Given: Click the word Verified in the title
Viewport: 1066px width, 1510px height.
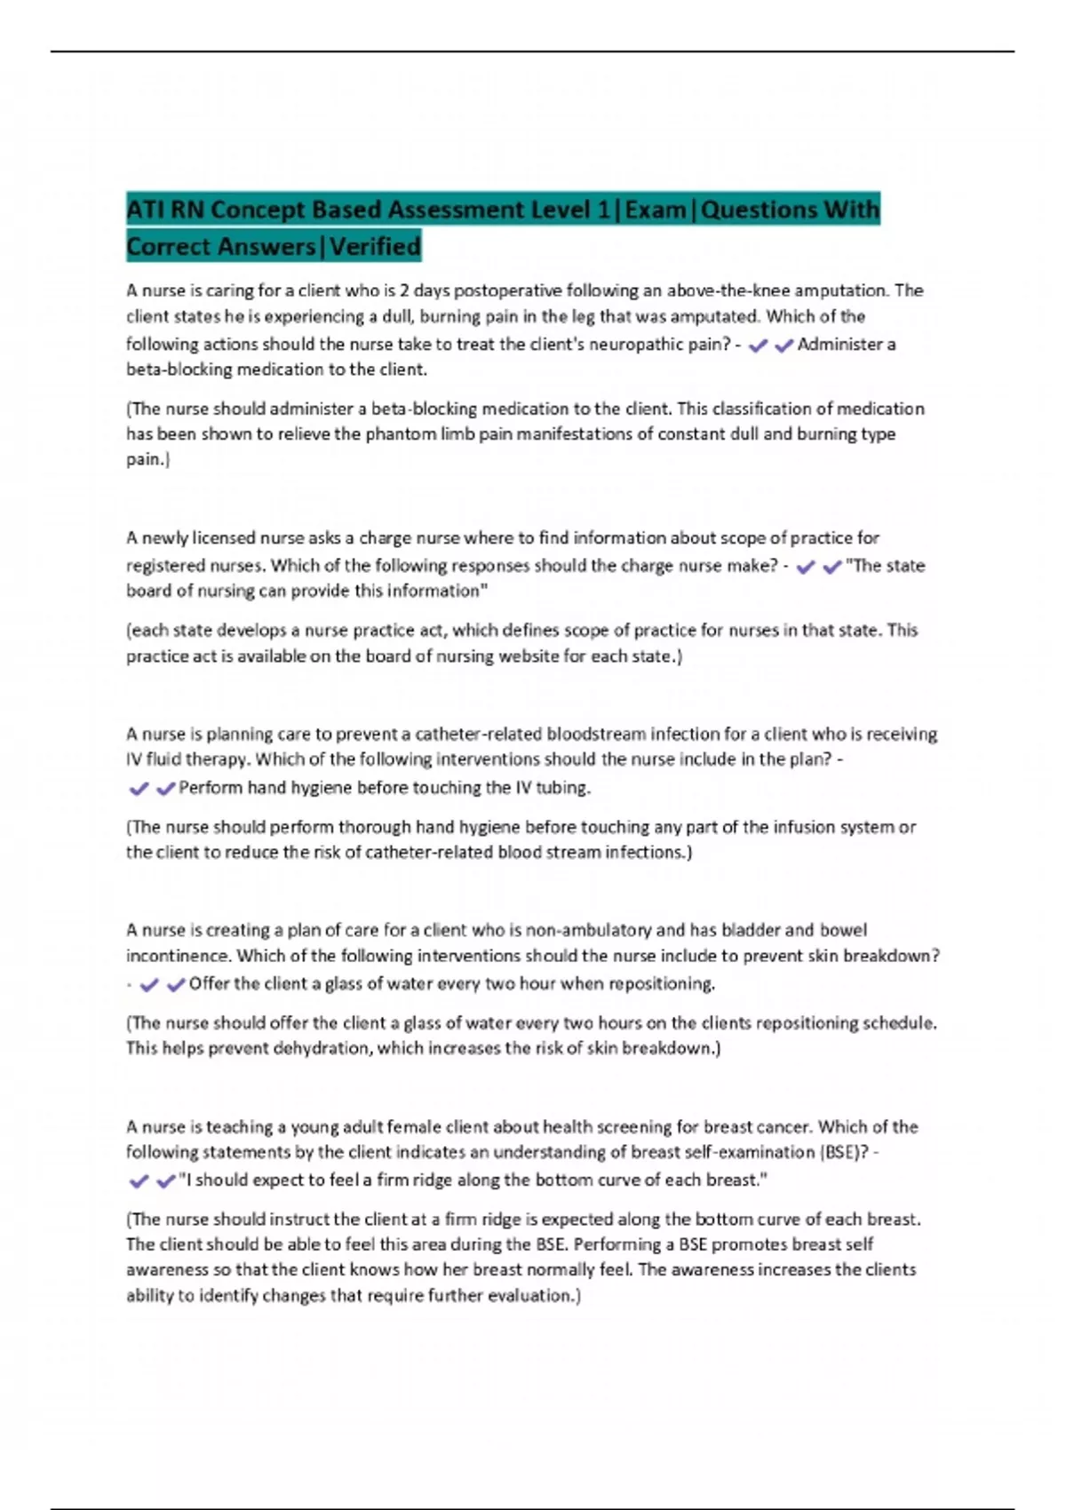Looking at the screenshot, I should [x=375, y=246].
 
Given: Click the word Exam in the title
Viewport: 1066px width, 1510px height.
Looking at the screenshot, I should [x=656, y=210].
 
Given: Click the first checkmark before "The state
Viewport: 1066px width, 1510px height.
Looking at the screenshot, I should [x=806, y=567].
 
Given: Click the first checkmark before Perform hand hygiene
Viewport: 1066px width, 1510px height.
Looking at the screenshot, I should [x=139, y=789].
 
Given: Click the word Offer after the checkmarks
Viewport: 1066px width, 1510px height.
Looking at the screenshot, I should [x=209, y=984].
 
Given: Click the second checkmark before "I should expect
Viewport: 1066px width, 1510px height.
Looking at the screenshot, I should [x=165, y=1181].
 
